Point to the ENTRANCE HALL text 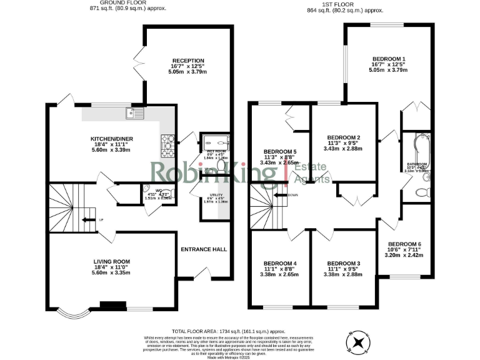coord(204,249)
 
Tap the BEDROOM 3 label coord(344,262)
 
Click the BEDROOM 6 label coord(404,244)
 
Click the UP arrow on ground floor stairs coord(97,219)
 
